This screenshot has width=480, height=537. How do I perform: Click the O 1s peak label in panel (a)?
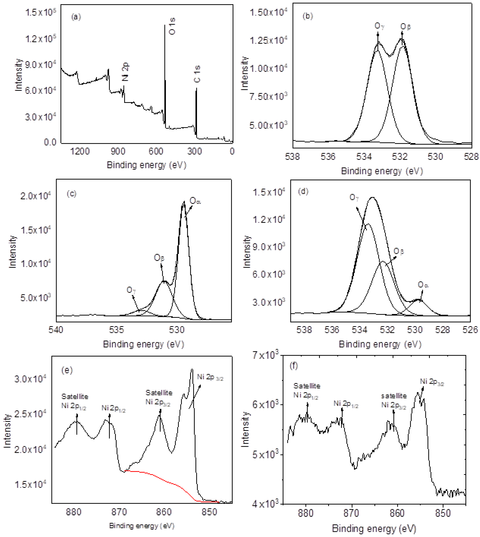tap(172, 26)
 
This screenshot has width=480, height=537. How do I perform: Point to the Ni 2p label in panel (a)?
tap(125, 72)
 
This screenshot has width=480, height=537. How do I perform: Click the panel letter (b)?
tap(308, 16)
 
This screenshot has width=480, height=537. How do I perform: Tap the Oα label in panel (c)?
tap(195, 201)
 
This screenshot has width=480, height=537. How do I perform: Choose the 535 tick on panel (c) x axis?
tap(116, 330)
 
